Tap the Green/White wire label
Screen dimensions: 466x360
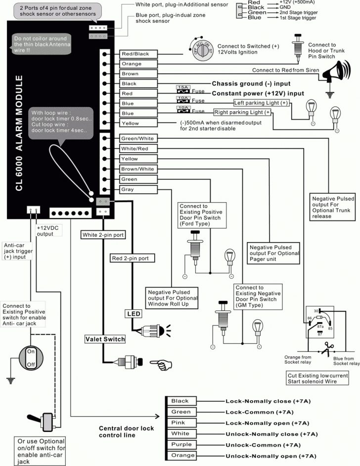(x=138, y=138)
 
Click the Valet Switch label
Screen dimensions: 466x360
(x=104, y=339)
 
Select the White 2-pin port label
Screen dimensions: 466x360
(x=103, y=235)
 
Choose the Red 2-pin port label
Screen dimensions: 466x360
(x=132, y=258)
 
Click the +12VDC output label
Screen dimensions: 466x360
(x=47, y=231)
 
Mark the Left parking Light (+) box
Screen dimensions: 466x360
(x=261, y=103)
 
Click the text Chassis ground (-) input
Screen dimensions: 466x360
(x=251, y=84)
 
